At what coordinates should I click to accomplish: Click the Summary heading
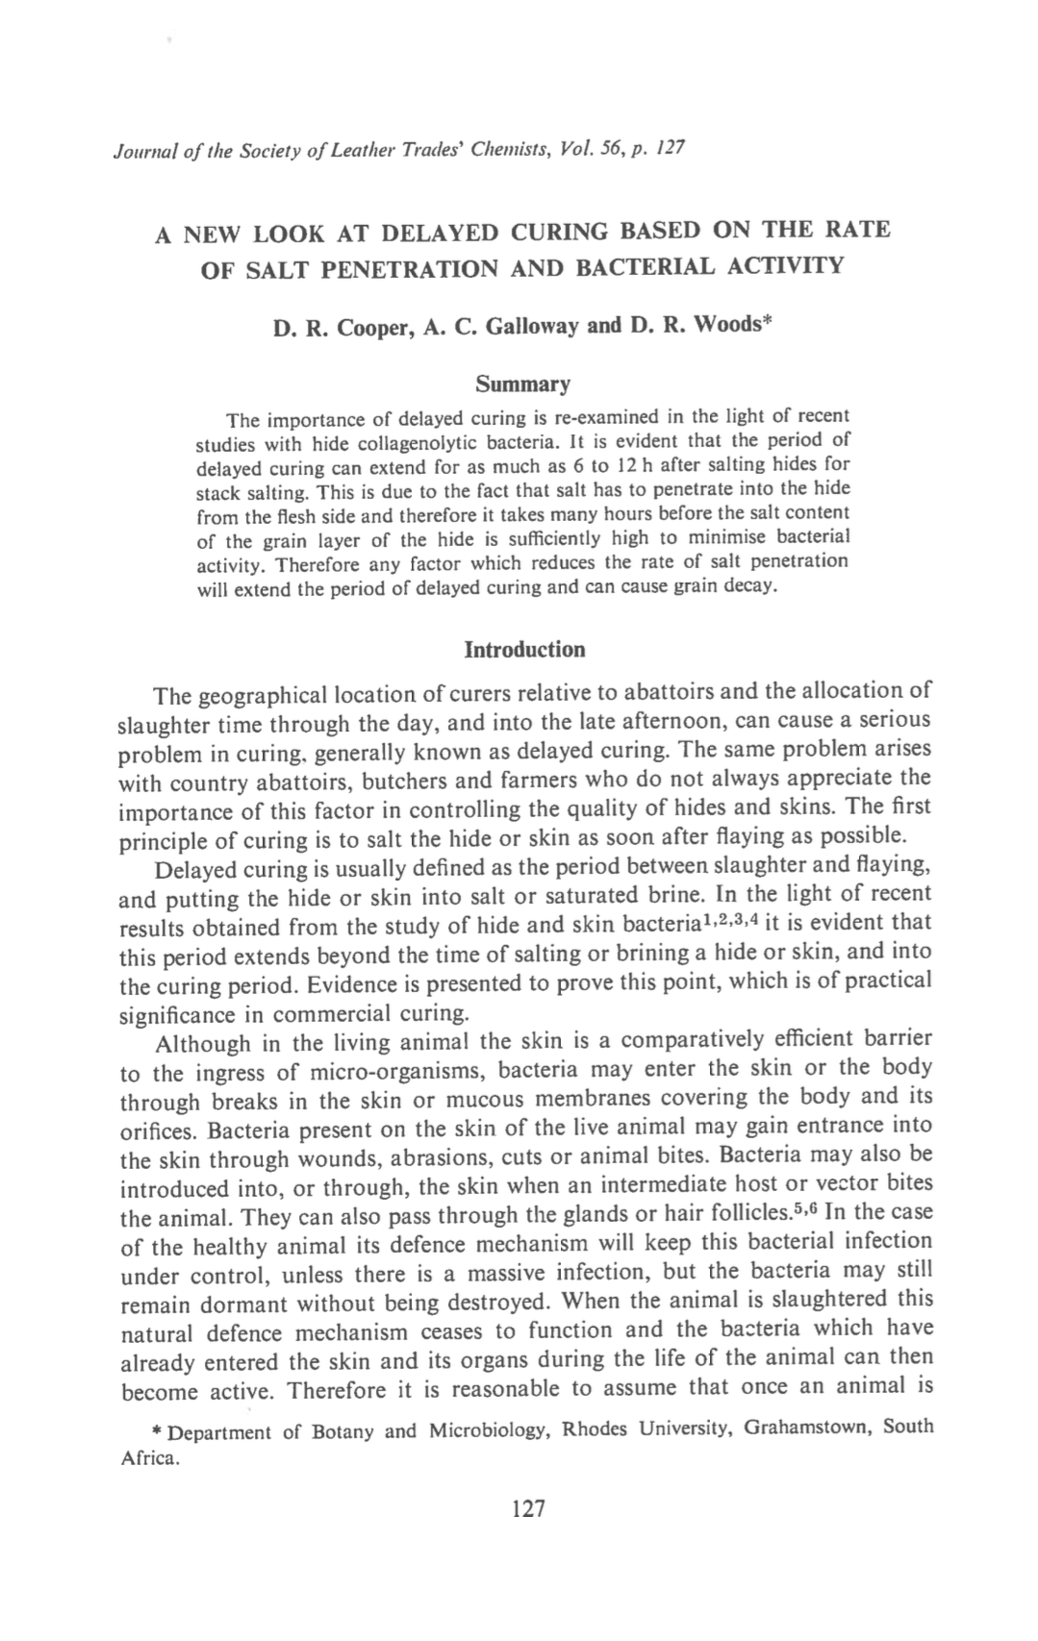523,385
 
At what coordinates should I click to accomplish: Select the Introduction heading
524,650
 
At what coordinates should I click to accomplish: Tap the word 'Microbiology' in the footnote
490,1430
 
